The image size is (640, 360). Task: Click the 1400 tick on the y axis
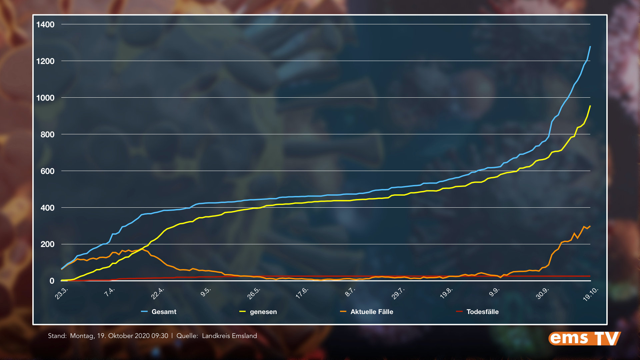[45, 25]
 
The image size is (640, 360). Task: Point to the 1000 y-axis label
[45, 98]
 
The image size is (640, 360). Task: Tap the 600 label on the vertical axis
[47, 171]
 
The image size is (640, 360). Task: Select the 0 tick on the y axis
[52, 281]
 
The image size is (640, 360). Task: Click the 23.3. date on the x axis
[62, 293]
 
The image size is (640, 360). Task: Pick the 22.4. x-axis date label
[158, 293]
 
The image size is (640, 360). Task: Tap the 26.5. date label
[254, 293]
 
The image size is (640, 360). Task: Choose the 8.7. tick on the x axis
[350, 292]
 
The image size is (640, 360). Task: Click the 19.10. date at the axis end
[591, 294]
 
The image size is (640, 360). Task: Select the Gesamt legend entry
[164, 312]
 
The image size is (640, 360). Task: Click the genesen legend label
[263, 312]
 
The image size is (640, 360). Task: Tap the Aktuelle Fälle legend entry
[372, 312]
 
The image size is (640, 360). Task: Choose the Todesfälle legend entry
[482, 312]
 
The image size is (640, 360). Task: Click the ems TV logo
[584, 338]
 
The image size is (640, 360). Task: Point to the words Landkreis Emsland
[229, 336]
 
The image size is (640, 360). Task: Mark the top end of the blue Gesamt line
[590, 47]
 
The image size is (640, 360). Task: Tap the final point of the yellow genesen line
[590, 106]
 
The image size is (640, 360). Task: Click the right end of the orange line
[590, 226]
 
